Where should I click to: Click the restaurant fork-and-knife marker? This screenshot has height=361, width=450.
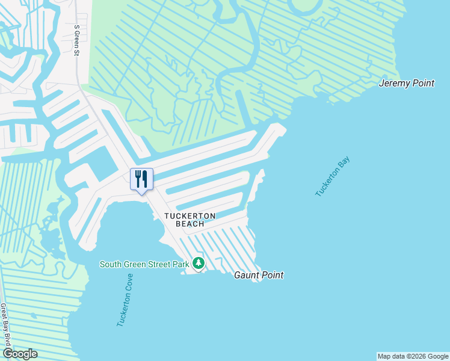(x=141, y=179)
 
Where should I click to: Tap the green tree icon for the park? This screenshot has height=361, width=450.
(x=199, y=264)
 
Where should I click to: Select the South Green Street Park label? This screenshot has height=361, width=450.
(x=144, y=264)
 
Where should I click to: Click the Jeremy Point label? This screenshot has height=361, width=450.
(x=406, y=83)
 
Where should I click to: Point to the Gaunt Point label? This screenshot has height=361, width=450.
(x=258, y=275)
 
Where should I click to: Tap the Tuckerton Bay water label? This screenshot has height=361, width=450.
(x=333, y=176)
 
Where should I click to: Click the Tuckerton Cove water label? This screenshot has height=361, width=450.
(x=125, y=300)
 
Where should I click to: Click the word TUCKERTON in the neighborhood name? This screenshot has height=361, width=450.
(x=190, y=215)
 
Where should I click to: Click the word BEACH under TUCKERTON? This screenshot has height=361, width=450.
(x=190, y=224)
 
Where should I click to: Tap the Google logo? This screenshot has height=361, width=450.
(x=19, y=354)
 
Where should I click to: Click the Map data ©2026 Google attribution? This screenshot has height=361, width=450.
(x=413, y=356)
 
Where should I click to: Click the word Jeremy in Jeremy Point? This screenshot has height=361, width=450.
(x=393, y=83)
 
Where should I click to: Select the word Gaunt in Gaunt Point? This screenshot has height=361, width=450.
(x=245, y=275)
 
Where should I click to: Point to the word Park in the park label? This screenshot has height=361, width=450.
(x=179, y=264)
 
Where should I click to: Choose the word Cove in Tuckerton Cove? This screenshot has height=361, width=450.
(x=128, y=285)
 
